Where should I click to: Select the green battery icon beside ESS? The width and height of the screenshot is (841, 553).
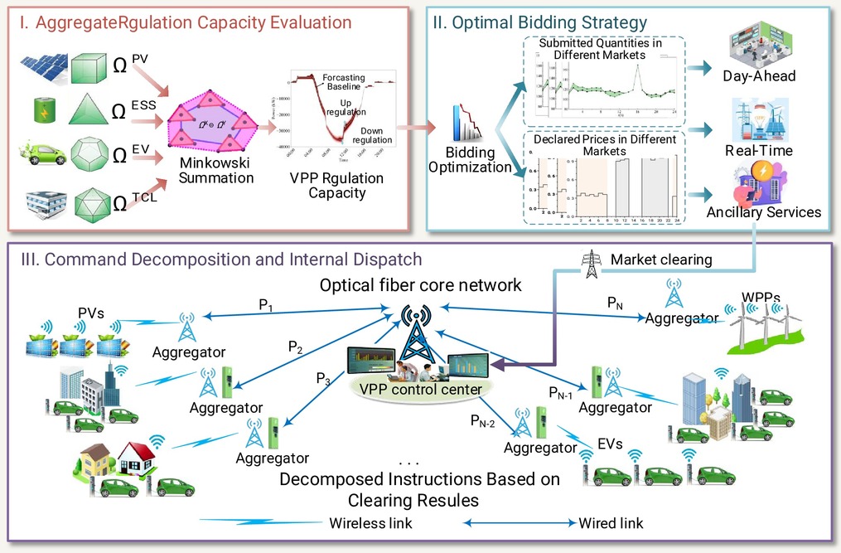[x=41, y=111]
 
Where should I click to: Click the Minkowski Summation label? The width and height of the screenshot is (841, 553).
[x=215, y=170]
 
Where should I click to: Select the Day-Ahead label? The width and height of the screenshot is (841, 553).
[x=758, y=76]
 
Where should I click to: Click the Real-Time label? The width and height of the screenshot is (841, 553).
[x=759, y=150]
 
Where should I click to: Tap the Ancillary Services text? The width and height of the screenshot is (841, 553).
[x=763, y=212]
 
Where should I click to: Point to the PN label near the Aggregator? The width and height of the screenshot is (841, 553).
[x=615, y=303]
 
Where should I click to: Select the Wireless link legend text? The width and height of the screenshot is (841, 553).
[x=370, y=523]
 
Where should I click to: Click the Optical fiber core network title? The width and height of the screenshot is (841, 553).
[x=422, y=285]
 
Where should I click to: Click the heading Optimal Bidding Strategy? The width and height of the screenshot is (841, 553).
[x=539, y=22]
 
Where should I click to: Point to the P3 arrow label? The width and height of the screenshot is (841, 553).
[x=324, y=378]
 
